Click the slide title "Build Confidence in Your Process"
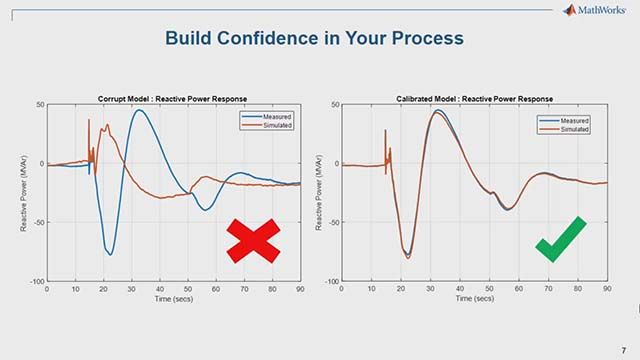coord(314,39)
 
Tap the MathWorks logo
coord(598,10)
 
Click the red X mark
coord(253,241)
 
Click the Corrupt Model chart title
coord(172,99)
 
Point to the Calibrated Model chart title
coord(474,99)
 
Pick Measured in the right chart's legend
coord(574,120)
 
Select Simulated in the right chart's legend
coord(574,129)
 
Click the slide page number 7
coord(622,349)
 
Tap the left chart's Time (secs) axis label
coord(172,298)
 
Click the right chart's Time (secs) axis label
coord(474,298)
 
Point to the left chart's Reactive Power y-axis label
coord(24,193)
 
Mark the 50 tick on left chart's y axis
coord(39,104)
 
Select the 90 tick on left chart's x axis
coord(299,289)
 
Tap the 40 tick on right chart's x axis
coord(459,289)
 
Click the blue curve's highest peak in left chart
coord(141,110)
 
